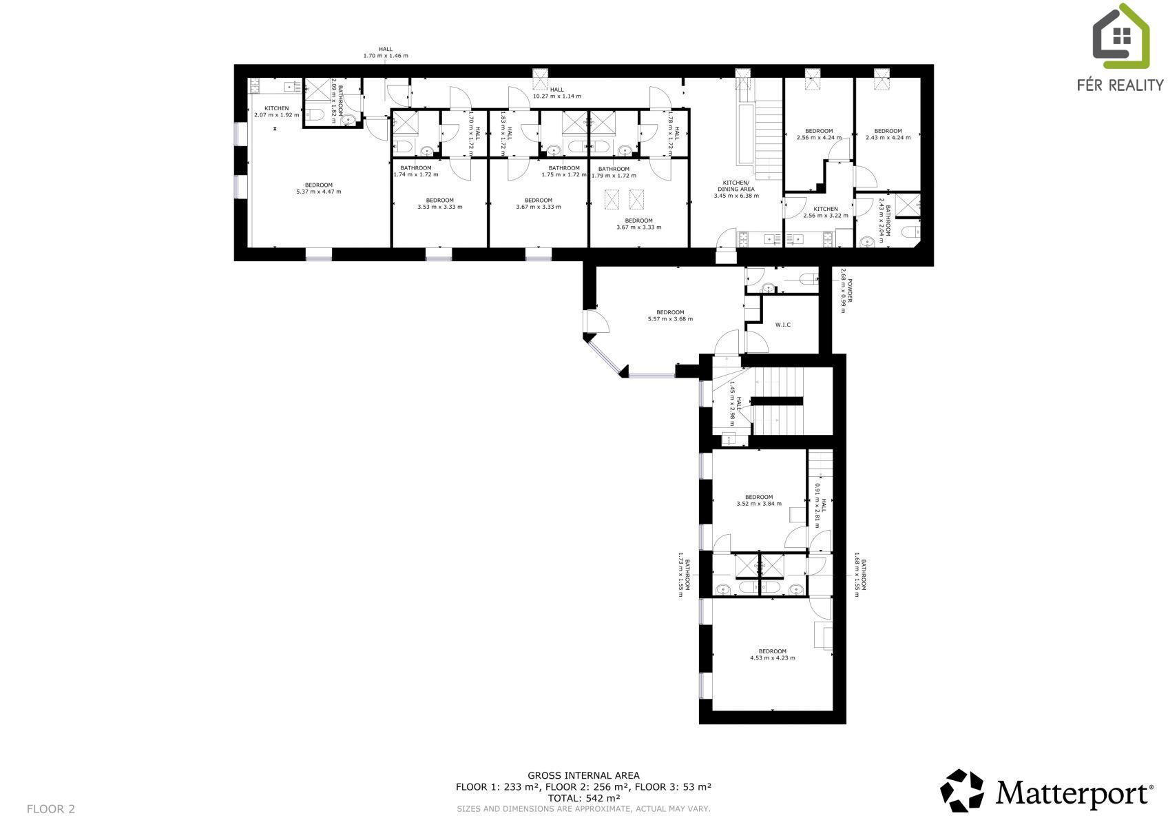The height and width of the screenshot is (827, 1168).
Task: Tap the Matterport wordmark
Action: coord(1074,794)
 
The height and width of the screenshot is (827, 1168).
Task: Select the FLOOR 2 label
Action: coord(50,809)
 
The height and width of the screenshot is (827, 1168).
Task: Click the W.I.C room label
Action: coord(782,325)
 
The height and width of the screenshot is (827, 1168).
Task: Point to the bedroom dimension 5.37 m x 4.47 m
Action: coord(319,192)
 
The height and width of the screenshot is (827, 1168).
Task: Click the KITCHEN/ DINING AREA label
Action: coord(736,186)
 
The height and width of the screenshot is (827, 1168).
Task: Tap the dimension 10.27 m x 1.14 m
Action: coord(557,96)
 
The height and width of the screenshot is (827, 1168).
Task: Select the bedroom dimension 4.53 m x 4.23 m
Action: coord(773,658)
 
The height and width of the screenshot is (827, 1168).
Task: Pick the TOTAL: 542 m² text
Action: coord(583,798)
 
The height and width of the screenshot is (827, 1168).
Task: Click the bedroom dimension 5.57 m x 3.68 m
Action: coord(670,319)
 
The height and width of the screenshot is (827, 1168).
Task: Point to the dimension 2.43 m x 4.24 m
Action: coord(888,138)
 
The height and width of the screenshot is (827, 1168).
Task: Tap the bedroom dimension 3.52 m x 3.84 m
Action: coord(759,504)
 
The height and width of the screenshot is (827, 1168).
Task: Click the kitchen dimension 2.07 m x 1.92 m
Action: coord(276,115)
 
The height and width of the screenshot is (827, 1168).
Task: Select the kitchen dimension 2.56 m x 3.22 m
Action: coord(826,216)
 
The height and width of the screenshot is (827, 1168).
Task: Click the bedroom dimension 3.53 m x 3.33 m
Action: coord(439,207)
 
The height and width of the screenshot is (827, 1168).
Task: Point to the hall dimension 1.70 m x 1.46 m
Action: coord(386,55)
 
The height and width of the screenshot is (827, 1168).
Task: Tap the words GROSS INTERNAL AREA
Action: coord(583,775)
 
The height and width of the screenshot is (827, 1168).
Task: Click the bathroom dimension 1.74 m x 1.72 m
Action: coord(415,174)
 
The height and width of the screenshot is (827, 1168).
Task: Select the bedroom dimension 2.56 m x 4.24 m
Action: coord(819,138)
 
